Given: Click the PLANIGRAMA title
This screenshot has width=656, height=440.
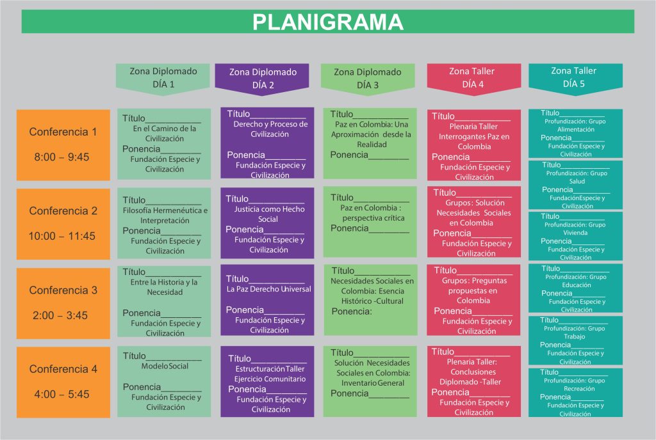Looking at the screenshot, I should [327, 22].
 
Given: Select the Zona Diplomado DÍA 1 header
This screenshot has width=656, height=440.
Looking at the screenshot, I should [163, 77].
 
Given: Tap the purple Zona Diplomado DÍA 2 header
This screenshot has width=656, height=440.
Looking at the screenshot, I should [263, 78].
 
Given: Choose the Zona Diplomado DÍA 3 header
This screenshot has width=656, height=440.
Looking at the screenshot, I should [368, 78].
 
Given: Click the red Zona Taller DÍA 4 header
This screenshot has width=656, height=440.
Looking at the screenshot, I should [474, 77].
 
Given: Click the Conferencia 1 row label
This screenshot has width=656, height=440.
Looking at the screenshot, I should [63, 132].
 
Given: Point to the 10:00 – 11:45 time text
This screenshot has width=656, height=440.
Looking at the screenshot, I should [61, 236].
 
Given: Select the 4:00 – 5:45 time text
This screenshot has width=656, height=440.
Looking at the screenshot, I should [61, 395].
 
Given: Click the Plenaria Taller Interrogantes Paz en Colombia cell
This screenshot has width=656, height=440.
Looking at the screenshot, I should [474, 146].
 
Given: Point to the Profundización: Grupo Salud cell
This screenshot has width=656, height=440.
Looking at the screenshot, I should [575, 184].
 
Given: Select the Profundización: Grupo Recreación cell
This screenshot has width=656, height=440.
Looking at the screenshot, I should [575, 392].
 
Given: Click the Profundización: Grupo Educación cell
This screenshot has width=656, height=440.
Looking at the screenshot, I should [575, 288].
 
